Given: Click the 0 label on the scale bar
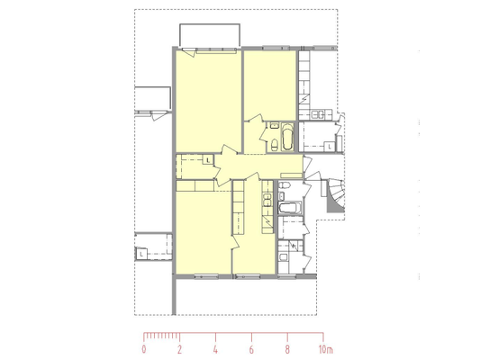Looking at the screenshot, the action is click(144, 349).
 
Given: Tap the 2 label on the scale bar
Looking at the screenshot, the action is click(180, 349).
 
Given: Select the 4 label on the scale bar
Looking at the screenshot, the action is click(215, 349).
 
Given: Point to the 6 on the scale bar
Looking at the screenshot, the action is click(251, 349).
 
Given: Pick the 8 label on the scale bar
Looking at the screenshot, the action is click(287, 349).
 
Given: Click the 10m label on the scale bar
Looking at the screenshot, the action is click(326, 349).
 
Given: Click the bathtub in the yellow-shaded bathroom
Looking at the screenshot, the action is click(287, 137).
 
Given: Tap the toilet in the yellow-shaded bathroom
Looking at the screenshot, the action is click(275, 145).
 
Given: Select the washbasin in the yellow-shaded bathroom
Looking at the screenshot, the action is click(274, 125).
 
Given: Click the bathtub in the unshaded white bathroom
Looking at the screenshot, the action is click(290, 208).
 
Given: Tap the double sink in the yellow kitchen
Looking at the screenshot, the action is click(267, 200).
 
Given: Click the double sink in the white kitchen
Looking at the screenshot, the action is click(318, 114).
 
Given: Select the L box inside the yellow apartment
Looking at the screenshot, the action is click(208, 159).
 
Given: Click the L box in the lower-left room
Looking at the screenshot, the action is click(141, 254).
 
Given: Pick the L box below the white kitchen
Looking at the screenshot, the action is click(330, 147).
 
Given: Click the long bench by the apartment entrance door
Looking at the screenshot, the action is click(292, 175).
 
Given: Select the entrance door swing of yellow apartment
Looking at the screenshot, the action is click(307, 165).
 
